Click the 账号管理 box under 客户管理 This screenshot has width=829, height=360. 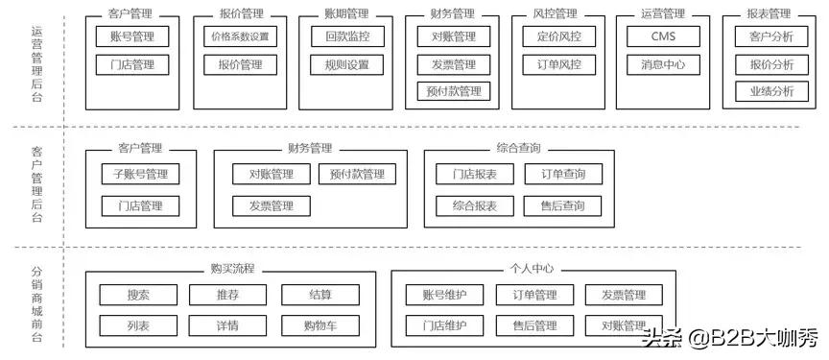(x=132, y=37)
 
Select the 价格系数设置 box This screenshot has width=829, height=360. (x=240, y=37)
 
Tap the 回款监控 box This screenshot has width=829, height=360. (x=347, y=37)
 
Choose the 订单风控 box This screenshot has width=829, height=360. (x=558, y=65)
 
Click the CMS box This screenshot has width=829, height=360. (x=663, y=37)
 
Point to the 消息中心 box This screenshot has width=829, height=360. (x=663, y=65)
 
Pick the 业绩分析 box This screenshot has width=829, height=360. (x=765, y=92)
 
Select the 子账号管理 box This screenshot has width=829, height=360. (x=140, y=175)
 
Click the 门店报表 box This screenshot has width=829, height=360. (x=466, y=175)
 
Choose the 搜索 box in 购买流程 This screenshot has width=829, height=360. (x=138, y=296)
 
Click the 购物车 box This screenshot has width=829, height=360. (x=320, y=325)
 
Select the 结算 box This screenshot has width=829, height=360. (x=320, y=296)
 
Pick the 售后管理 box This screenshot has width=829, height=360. (x=534, y=325)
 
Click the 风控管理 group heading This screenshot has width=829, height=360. (x=555, y=13)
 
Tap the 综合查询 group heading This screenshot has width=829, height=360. (x=518, y=148)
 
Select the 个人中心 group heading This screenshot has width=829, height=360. (x=532, y=270)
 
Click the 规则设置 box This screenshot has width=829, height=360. (x=347, y=65)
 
